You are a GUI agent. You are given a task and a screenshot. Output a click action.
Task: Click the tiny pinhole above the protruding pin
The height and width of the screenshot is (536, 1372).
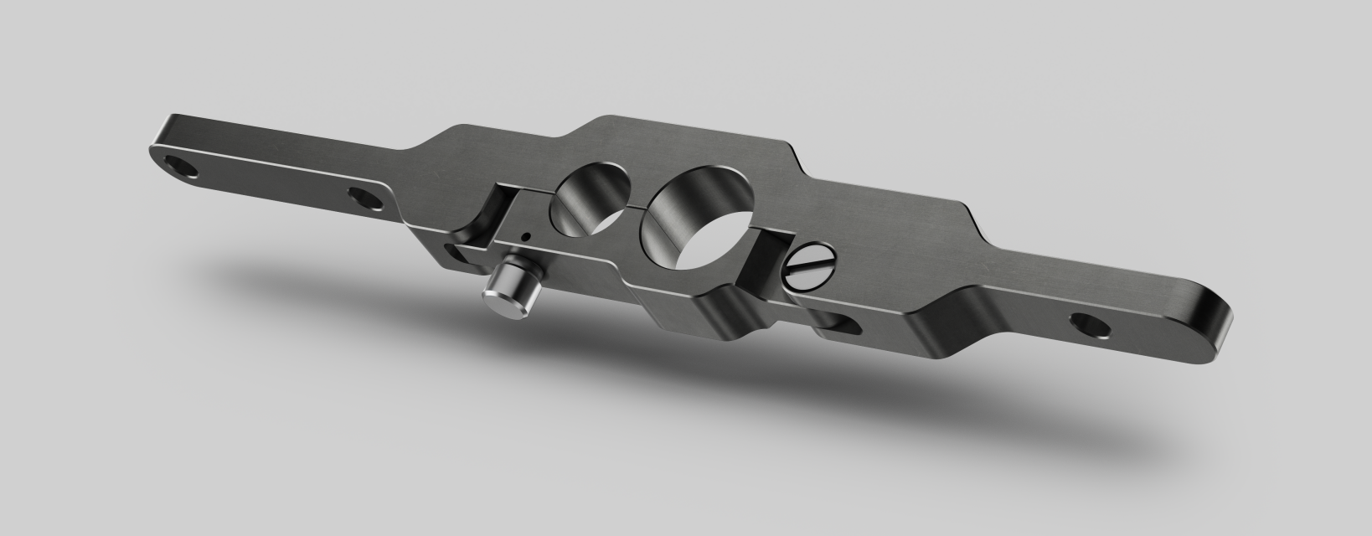524,236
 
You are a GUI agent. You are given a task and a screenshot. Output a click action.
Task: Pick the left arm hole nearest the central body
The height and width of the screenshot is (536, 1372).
364,199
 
